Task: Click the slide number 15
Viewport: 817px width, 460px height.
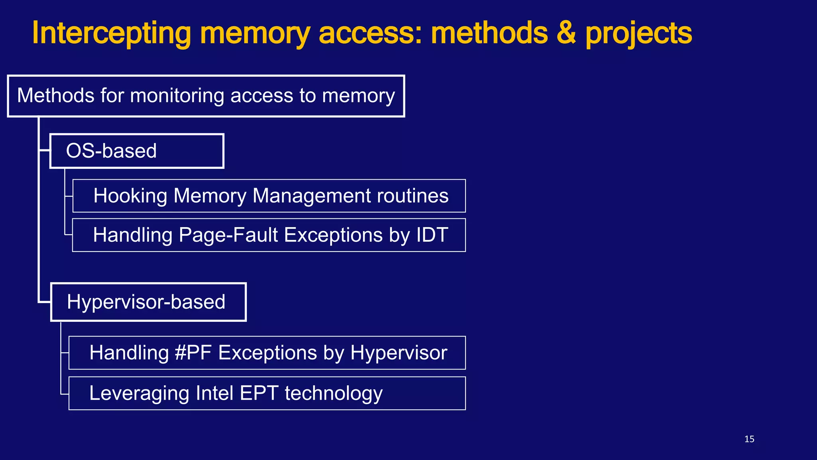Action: tap(749, 439)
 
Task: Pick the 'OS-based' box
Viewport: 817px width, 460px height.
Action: tap(136, 151)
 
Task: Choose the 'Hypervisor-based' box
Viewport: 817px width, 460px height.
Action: tap(148, 302)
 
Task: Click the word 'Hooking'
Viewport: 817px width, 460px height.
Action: tap(130, 196)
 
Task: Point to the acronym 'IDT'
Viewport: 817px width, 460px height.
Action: tap(432, 235)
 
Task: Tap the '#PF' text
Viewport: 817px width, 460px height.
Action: tap(193, 353)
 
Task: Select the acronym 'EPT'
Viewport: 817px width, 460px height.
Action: tap(259, 393)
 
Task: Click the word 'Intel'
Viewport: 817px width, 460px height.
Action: tap(214, 393)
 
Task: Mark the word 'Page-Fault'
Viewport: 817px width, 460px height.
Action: tap(228, 235)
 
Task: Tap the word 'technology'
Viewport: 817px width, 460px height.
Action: tap(334, 394)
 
